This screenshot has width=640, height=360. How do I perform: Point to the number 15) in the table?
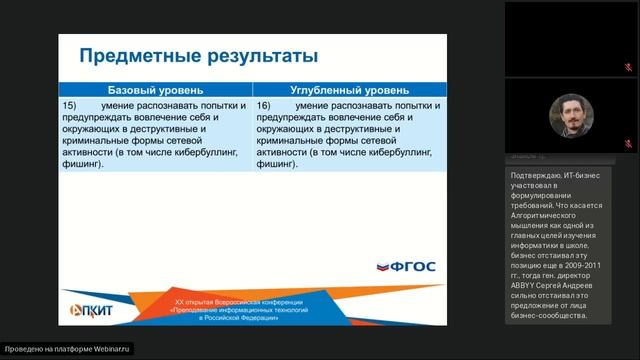(70, 104)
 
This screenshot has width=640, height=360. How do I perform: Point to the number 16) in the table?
(264, 104)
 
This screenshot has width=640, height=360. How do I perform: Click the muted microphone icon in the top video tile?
(627, 60)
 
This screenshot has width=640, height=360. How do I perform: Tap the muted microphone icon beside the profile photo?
(627, 144)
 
